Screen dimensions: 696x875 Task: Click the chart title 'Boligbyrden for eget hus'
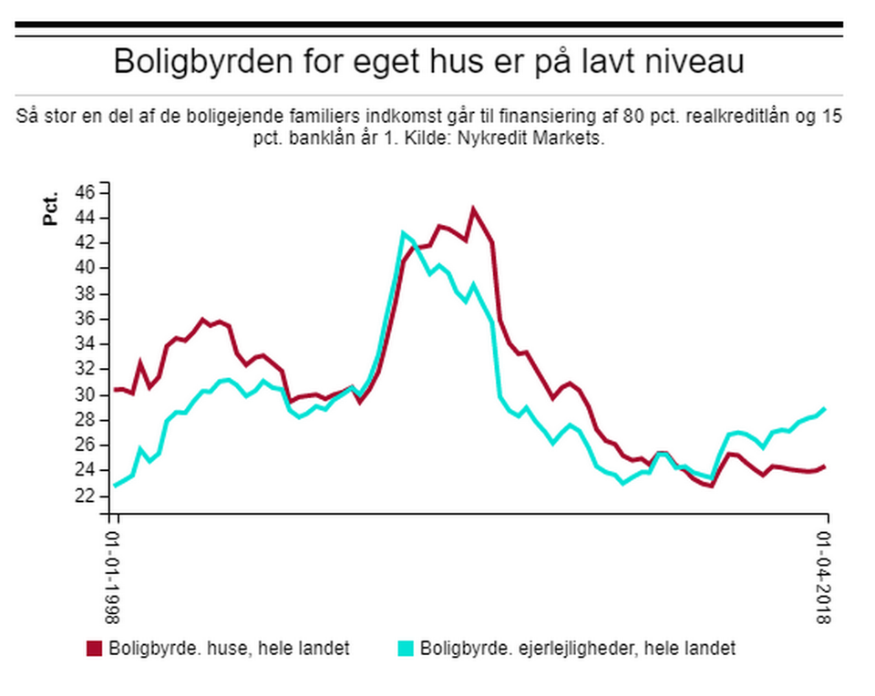pos(429,62)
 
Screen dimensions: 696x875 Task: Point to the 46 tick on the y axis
pos(86,192)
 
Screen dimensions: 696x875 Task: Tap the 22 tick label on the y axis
pos(86,495)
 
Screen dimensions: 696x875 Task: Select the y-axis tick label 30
pos(86,394)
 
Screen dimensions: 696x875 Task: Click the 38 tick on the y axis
pos(86,293)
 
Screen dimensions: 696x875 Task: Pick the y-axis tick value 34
pos(86,343)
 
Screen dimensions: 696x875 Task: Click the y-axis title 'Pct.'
pos(52,209)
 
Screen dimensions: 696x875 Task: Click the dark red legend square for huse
pos(95,649)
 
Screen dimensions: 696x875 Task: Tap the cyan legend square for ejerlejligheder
pos(406,649)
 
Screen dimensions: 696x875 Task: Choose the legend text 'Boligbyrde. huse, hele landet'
pos(229,649)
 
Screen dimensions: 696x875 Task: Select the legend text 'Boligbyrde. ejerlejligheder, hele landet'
pos(578,649)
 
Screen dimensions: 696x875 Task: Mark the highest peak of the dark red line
pos(473,209)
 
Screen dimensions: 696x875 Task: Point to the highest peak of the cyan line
pos(403,233)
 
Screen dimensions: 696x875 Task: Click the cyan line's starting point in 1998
pos(115,485)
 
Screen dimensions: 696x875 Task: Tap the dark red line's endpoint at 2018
pos(825,466)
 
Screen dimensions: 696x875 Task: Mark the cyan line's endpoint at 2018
pos(825,408)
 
